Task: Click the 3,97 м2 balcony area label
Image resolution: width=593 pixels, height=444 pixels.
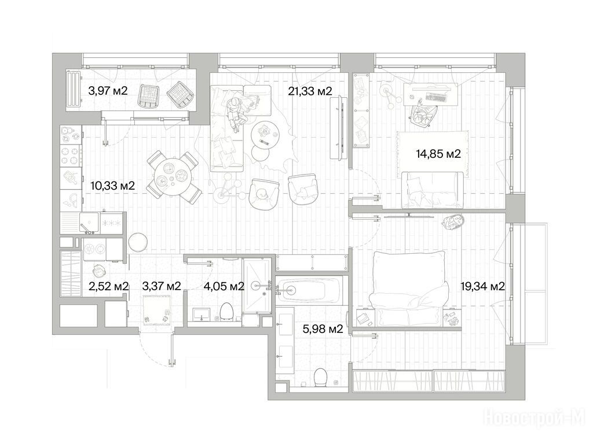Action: pos(108,91)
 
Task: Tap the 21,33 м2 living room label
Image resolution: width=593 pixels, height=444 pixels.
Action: pos(310,91)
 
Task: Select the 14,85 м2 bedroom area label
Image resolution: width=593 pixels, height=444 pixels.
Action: pos(438,154)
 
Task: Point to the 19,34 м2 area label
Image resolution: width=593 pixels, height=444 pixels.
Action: pos(482,286)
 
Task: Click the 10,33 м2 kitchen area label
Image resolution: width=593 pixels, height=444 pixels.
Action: pos(113,186)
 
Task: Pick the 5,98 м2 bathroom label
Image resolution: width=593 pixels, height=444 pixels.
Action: pos(323,329)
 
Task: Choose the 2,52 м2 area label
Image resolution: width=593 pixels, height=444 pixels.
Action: pos(108,286)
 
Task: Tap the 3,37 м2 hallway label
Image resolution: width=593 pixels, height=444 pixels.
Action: pos(162,286)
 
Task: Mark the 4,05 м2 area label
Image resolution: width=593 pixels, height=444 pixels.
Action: pos(224,287)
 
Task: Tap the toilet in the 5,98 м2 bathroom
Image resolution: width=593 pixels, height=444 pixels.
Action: pos(321,378)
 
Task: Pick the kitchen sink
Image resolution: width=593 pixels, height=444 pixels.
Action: pos(89,223)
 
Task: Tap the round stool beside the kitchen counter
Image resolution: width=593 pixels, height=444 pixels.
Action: pos(138,242)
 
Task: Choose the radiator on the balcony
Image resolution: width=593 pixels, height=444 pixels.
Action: pos(74,90)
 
